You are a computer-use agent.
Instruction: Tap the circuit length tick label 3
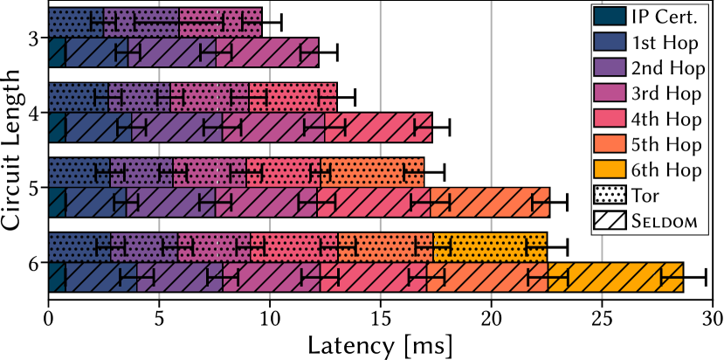coord(32,38)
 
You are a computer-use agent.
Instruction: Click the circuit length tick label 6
coord(32,262)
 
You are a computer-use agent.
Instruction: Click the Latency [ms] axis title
coord(380,345)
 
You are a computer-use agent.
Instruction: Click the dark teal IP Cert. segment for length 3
coord(57,53)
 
